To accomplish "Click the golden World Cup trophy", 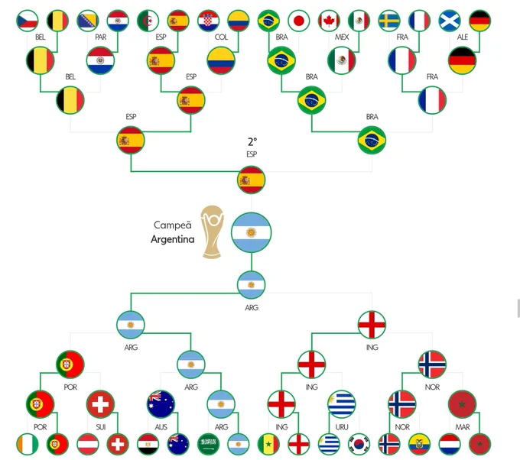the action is pyautogui.click(x=213, y=232).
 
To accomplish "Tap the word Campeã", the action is pyautogui.click(x=173, y=225).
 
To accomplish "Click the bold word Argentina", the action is pyautogui.click(x=173, y=239).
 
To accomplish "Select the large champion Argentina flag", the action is pyautogui.click(x=251, y=232).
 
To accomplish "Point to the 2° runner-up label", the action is pyautogui.click(x=252, y=142).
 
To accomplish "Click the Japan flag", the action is pyautogui.click(x=298, y=21).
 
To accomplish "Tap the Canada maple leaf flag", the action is pyautogui.click(x=329, y=21).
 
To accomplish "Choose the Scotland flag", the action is pyautogui.click(x=450, y=21).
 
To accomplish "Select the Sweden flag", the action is pyautogui.click(x=389, y=21).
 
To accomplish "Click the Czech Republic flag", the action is pyautogui.click(x=28, y=21).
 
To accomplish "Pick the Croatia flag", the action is pyautogui.click(x=208, y=21).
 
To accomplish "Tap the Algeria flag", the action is pyautogui.click(x=148, y=21).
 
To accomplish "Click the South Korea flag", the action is pyautogui.click(x=359, y=444).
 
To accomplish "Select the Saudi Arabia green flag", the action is pyautogui.click(x=208, y=444).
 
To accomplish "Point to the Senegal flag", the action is pyautogui.click(x=268, y=444).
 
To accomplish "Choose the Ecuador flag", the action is pyautogui.click(x=419, y=444).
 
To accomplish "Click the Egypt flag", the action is pyautogui.click(x=148, y=444).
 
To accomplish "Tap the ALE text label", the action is pyautogui.click(x=463, y=37).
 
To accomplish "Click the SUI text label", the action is pyautogui.click(x=100, y=427).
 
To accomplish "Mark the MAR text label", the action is pyautogui.click(x=463, y=427).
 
